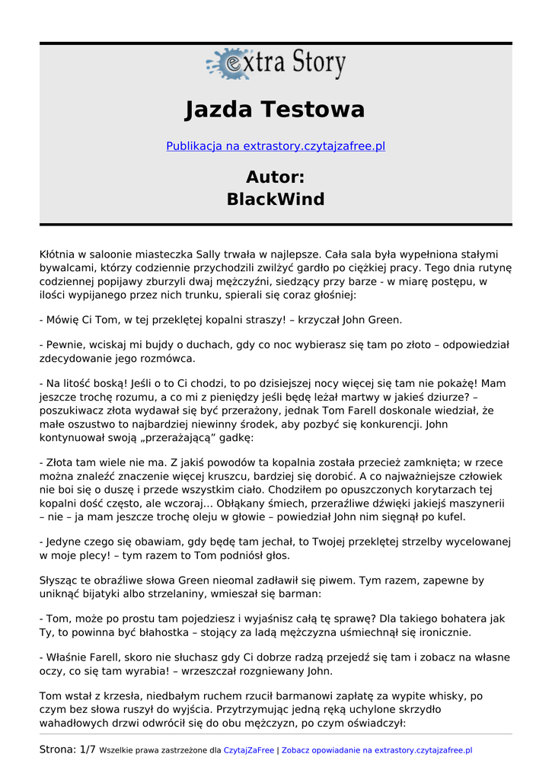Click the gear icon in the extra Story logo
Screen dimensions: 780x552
pyautogui.click(x=226, y=64)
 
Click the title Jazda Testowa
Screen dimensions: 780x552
pyautogui.click(x=275, y=110)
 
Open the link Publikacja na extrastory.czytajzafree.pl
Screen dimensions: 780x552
pyautogui.click(x=276, y=145)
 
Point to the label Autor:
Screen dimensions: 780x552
pyautogui.click(x=275, y=177)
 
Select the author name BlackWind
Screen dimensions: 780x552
pyautogui.click(x=275, y=200)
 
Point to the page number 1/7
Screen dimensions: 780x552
pyautogui.click(x=88, y=750)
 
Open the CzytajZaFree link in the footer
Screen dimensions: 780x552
pyautogui.click(x=248, y=750)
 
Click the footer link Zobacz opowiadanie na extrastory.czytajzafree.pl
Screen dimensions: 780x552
pyautogui.click(x=377, y=750)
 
